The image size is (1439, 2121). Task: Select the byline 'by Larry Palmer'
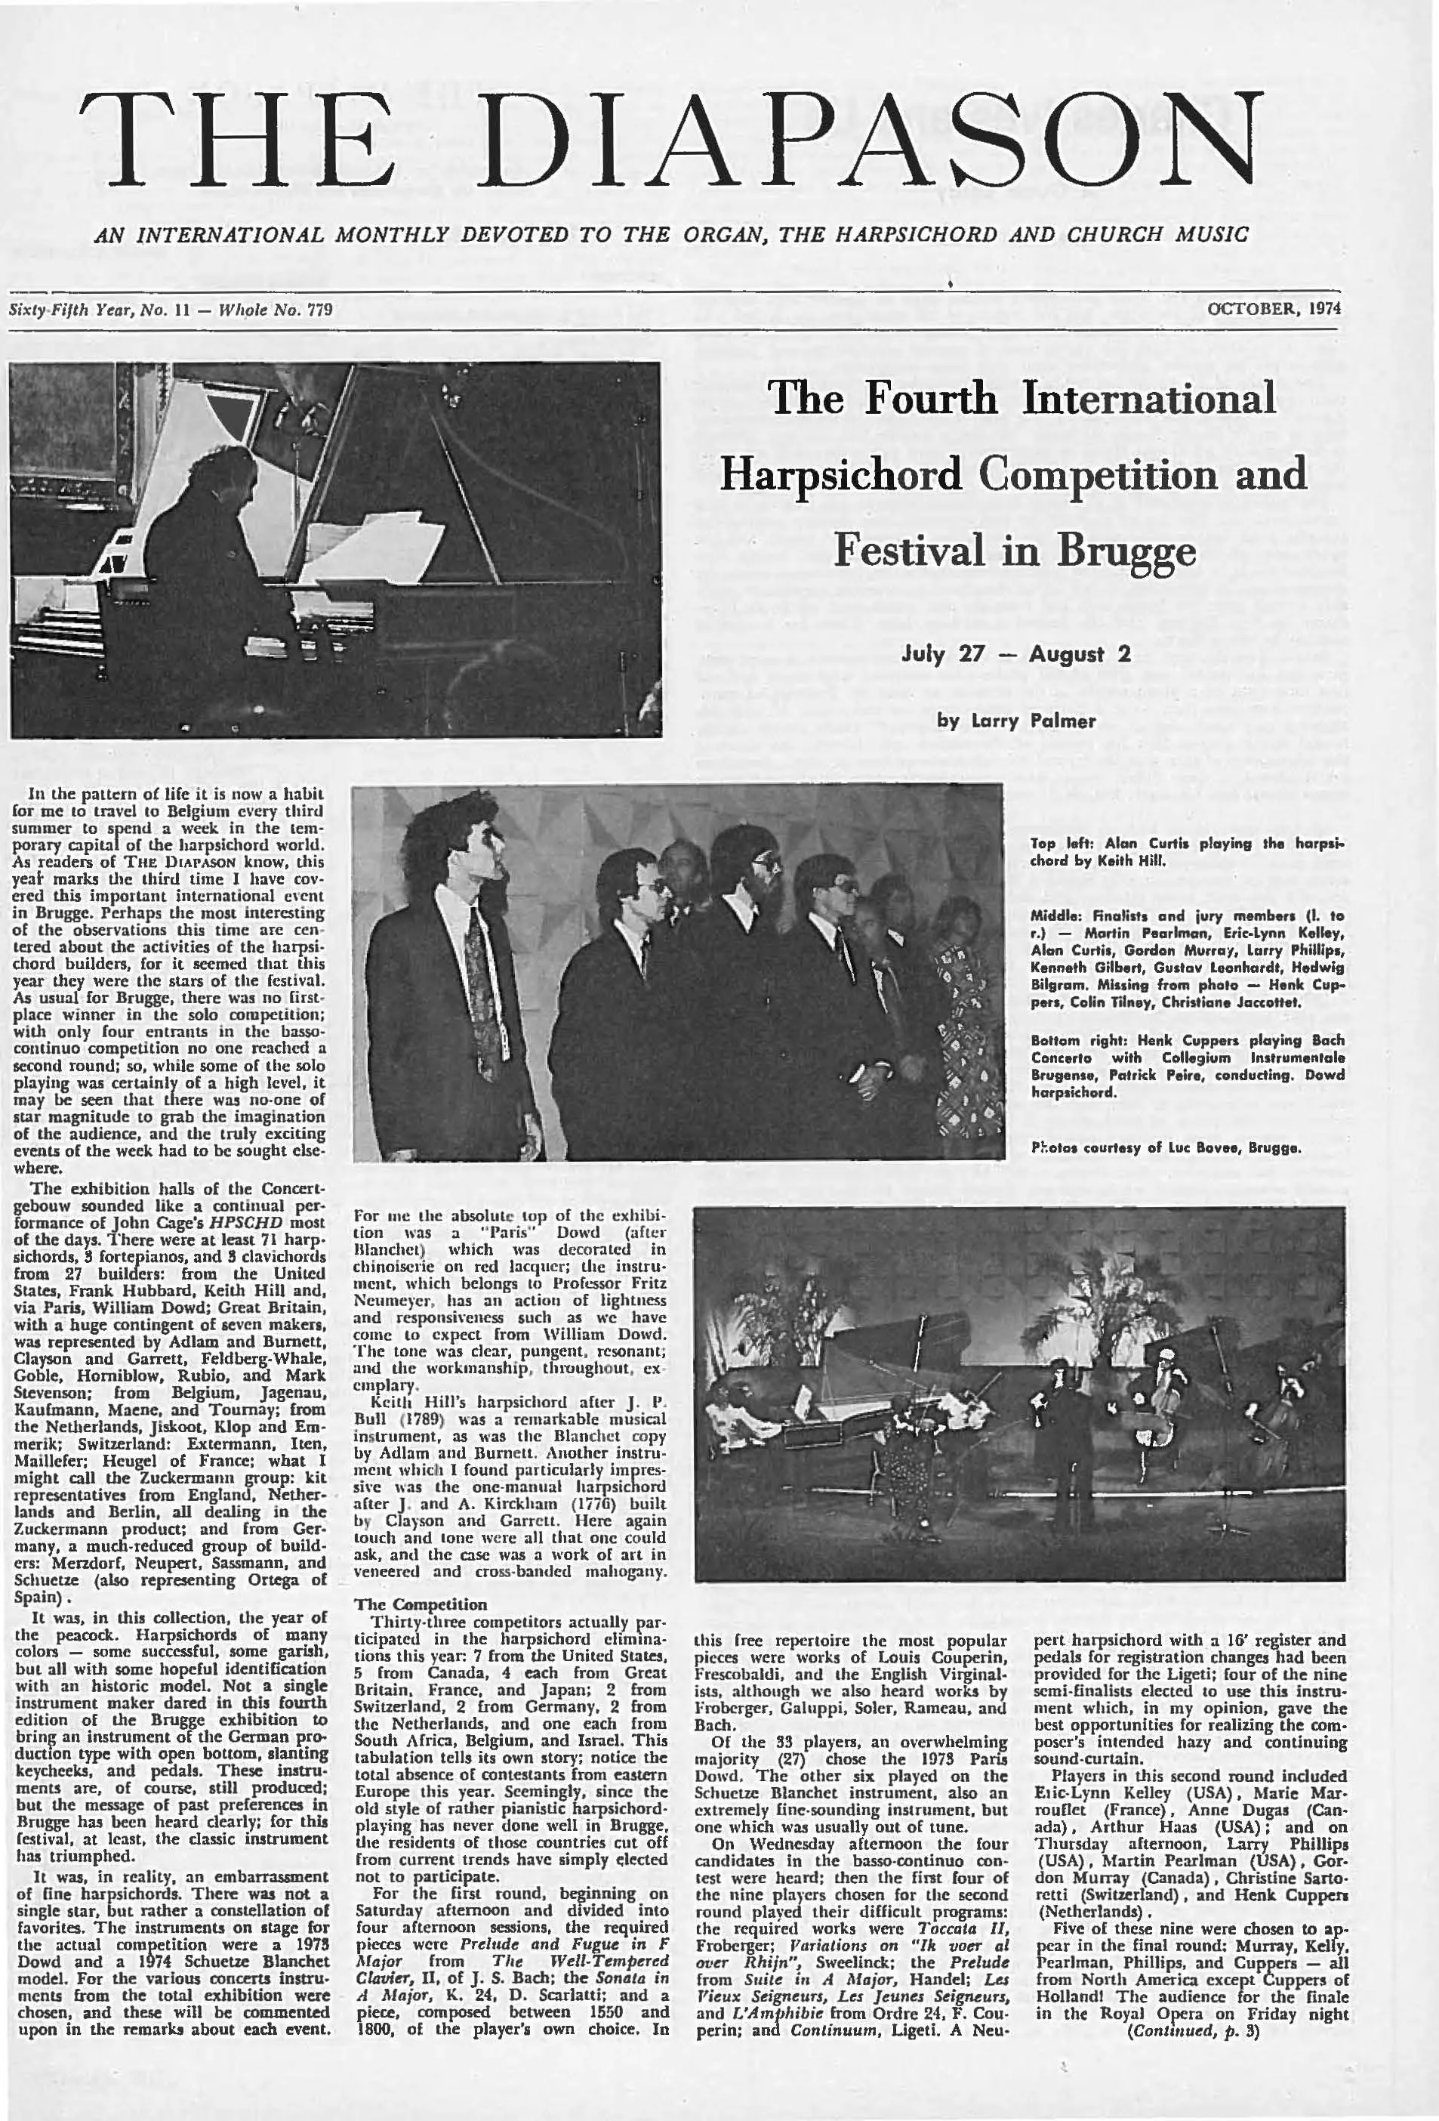[1016, 721]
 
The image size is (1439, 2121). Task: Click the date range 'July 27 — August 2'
[1015, 654]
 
